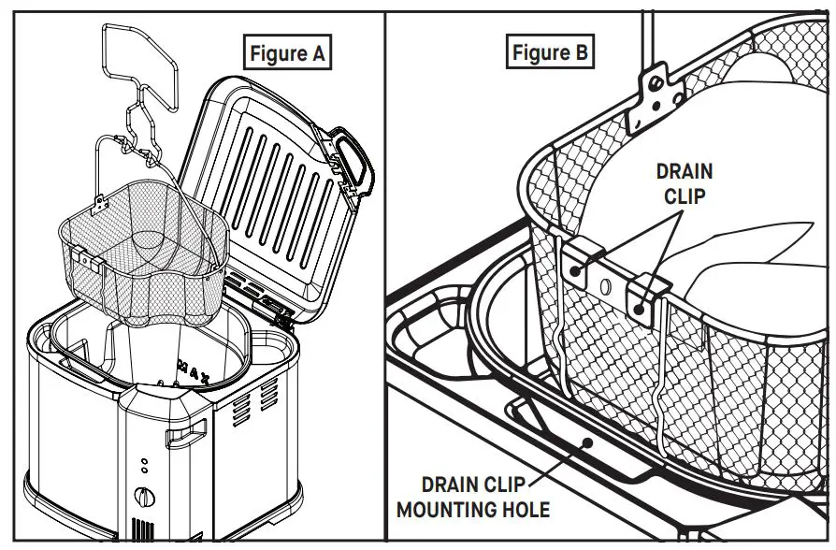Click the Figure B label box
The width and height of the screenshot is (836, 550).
point(551,52)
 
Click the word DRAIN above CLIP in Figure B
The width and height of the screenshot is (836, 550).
point(684,171)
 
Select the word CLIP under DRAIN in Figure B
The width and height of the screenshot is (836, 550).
point(684,195)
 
